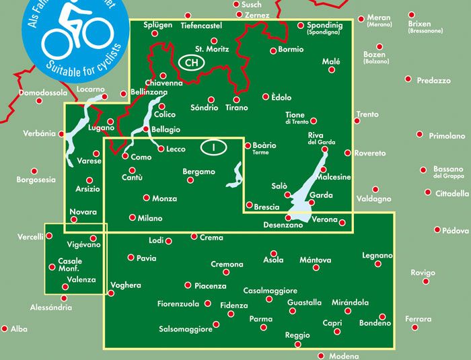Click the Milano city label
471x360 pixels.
coord(150,218)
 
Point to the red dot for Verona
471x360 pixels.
coord(342,223)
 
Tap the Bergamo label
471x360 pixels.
coord(198,172)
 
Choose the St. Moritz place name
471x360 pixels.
coord(212,49)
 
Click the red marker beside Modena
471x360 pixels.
coord(321,356)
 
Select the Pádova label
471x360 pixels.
coord(456,230)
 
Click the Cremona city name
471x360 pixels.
coord(227,264)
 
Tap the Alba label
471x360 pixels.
coord(19,329)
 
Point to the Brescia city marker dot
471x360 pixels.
coord(249,205)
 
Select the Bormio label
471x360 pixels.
coord(291,50)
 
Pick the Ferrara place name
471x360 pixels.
coord(418,318)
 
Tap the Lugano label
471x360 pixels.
coord(101,128)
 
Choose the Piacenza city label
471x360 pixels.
coord(209,286)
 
